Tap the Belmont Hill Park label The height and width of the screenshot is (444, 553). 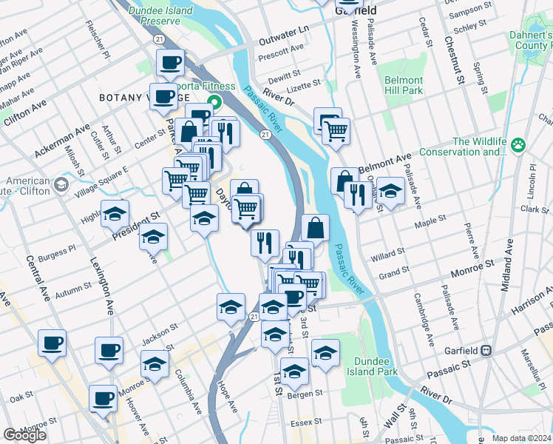click(403, 84)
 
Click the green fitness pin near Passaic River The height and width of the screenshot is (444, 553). click(215, 101)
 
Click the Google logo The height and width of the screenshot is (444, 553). click(24, 435)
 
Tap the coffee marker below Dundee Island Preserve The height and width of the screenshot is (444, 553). click(171, 62)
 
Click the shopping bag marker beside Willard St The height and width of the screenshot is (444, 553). click(315, 228)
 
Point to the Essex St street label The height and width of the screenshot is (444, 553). click(302, 423)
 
